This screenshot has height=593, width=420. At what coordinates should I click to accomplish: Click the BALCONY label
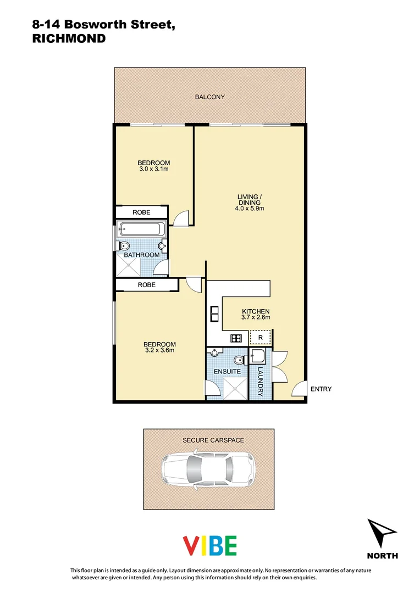209,97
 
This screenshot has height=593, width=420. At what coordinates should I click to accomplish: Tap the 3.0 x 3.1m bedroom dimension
153,170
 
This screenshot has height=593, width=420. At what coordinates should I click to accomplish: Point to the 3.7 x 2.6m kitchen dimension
256,317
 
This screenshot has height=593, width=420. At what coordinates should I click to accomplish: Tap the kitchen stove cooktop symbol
236,338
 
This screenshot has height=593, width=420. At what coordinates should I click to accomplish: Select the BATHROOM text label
141,255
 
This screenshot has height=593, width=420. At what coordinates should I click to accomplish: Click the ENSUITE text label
227,371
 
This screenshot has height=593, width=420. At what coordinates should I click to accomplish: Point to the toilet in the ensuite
237,360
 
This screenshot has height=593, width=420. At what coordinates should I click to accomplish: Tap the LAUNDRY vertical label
261,381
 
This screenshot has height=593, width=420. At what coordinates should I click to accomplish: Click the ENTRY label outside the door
321,389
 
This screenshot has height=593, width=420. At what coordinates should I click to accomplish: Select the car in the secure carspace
208,468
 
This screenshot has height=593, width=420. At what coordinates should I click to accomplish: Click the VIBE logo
209,545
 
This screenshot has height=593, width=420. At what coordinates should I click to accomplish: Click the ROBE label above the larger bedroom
146,285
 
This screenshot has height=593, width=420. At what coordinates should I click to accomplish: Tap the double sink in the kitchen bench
214,315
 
